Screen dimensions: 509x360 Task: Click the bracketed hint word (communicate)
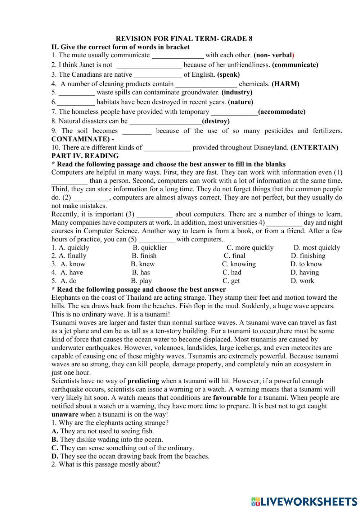click(x=295, y=65)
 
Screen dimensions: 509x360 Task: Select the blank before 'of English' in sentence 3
click(x=158, y=75)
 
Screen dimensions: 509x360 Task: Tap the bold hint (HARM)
click(x=285, y=84)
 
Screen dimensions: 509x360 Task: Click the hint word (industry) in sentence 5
click(x=237, y=93)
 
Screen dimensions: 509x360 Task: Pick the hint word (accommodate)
click(x=282, y=112)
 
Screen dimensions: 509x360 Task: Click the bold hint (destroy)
click(x=216, y=121)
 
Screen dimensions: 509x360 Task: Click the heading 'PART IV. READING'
click(x=85, y=156)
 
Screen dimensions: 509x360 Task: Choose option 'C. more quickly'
click(x=250, y=248)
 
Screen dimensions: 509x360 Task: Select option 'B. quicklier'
click(x=150, y=248)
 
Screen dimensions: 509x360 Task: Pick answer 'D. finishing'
click(x=308, y=256)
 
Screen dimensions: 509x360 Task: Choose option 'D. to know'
click(x=306, y=264)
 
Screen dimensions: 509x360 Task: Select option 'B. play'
click(x=141, y=281)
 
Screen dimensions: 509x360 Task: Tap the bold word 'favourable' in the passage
click(x=230, y=398)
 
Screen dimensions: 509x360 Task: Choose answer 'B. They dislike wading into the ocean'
click(x=107, y=440)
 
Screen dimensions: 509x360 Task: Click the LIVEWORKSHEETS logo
click(x=304, y=501)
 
